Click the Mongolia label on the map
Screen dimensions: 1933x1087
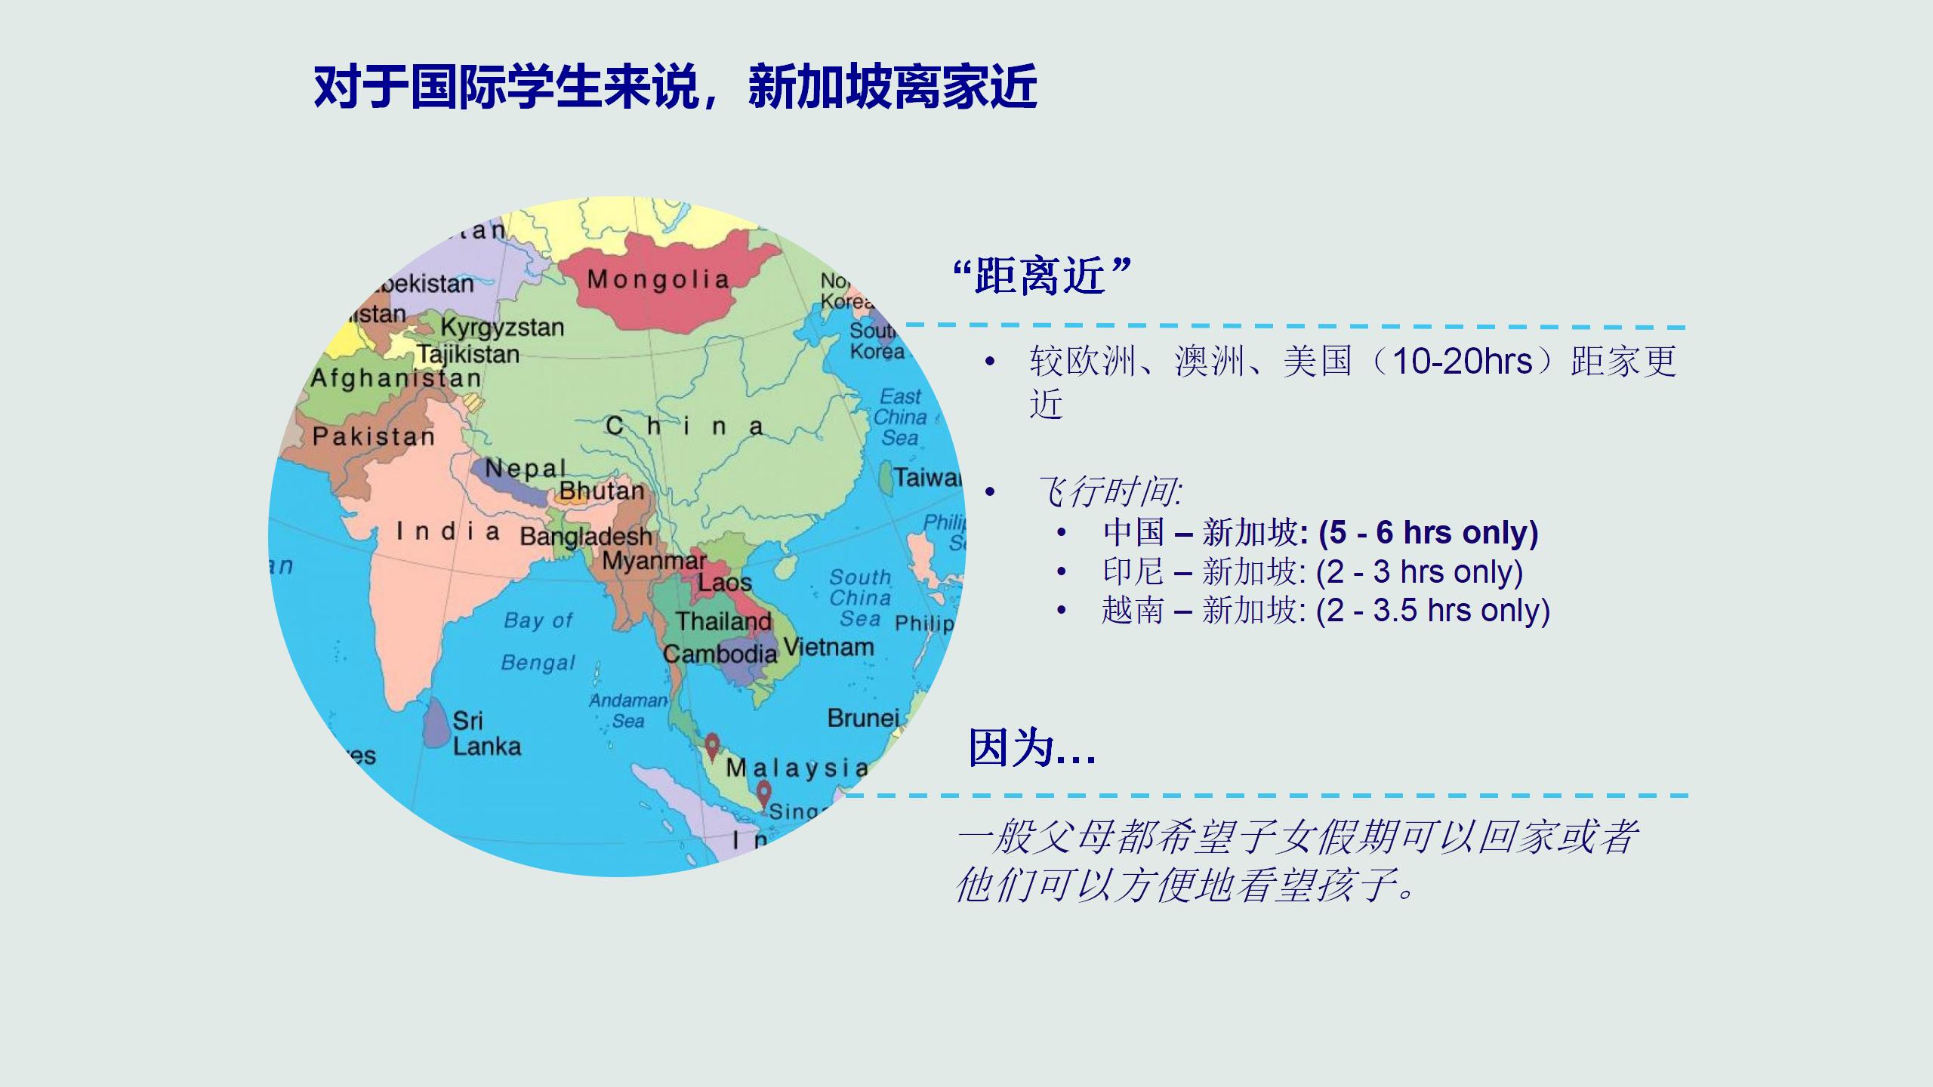(658, 279)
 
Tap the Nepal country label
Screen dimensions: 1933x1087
(525, 468)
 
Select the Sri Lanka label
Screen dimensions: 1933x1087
(486, 733)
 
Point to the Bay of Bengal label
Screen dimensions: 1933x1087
(538, 641)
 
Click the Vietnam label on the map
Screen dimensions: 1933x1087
(828, 647)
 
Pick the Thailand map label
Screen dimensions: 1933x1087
(723, 621)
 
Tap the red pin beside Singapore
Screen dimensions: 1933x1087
(764, 795)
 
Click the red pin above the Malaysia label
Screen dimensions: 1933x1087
(712, 747)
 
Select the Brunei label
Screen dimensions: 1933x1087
(863, 718)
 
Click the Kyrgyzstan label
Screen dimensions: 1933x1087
(502, 328)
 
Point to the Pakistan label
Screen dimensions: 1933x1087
(374, 436)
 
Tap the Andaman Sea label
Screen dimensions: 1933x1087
(628, 711)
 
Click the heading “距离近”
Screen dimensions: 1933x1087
(1041, 276)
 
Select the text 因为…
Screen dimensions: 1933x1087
(1031, 748)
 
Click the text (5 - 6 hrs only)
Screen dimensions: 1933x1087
(1428, 532)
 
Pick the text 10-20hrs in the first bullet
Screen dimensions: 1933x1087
(1462, 362)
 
